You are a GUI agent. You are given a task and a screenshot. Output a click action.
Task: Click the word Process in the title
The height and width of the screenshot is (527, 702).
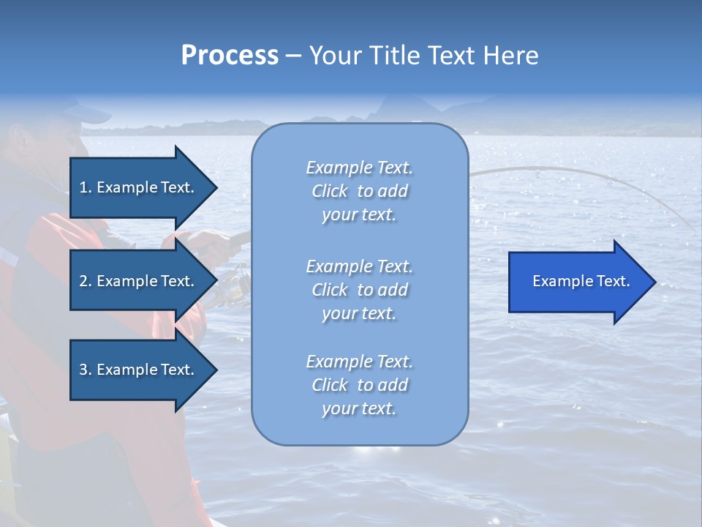(230, 55)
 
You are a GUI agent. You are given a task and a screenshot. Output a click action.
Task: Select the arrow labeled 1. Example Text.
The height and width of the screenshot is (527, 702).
(139, 187)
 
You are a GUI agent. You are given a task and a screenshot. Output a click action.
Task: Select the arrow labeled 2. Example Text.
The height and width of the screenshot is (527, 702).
(139, 281)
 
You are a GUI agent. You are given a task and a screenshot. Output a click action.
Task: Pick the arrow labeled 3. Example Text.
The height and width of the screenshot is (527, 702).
(139, 370)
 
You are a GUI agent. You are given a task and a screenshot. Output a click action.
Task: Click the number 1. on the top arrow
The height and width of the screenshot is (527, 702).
(86, 187)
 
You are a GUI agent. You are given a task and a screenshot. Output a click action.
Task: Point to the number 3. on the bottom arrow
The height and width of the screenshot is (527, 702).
(86, 370)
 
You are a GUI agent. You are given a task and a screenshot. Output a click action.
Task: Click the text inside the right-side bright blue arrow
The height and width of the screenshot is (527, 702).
(581, 281)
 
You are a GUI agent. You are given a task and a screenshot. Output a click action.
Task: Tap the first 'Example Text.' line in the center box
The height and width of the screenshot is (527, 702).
(359, 168)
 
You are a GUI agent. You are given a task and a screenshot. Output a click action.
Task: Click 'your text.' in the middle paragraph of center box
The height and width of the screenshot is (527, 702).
(359, 313)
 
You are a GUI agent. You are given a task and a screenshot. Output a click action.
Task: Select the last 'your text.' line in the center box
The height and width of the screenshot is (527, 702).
(359, 408)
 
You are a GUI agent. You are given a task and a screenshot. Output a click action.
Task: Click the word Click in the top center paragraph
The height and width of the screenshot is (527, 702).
(330, 191)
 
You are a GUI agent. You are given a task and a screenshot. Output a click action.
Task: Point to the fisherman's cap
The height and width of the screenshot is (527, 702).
(84, 111)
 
